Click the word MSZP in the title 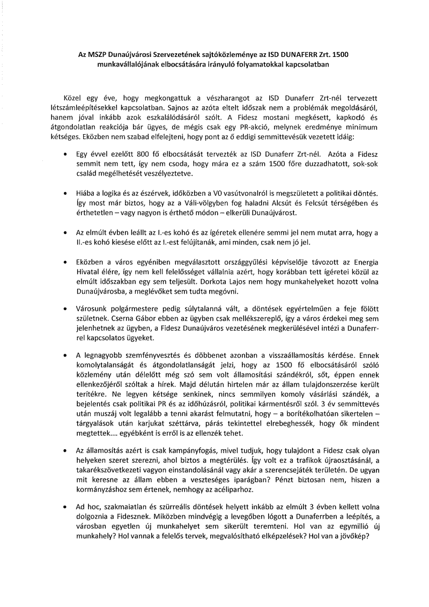90,55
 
